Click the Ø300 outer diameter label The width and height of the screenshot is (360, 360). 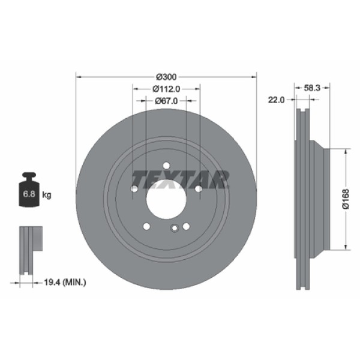tap(166, 77)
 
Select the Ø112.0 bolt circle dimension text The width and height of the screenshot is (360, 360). tap(166, 89)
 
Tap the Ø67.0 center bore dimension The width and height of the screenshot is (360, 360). tap(166, 101)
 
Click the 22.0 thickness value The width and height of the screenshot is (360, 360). tap(275, 100)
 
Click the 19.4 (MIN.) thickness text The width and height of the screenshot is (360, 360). tap(66, 281)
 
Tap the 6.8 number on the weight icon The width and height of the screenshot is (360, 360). tap(28, 194)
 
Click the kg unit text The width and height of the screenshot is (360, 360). tap(47, 194)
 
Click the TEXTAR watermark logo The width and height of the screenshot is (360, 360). tap(181, 178)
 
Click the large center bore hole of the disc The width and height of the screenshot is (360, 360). tap(166, 199)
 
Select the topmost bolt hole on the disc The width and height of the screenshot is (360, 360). tap(166, 167)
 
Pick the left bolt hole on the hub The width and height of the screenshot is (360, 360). tap(134, 190)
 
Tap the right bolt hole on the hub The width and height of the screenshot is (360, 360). tap(198, 190)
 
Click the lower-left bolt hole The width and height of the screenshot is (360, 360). tap(146, 226)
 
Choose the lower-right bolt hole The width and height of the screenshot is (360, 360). tap(186, 226)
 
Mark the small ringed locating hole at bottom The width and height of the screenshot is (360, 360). tap(175, 227)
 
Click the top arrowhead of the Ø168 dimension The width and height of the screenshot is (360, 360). tap(346, 151)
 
